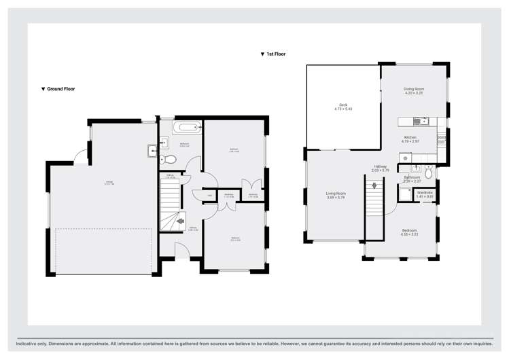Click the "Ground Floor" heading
(60, 89)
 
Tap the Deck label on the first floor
(343, 107)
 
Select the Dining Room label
(414, 90)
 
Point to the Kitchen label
(410, 139)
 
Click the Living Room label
(336, 195)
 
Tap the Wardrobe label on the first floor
(425, 194)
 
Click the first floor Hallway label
(380, 167)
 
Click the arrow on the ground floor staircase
(180, 220)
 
